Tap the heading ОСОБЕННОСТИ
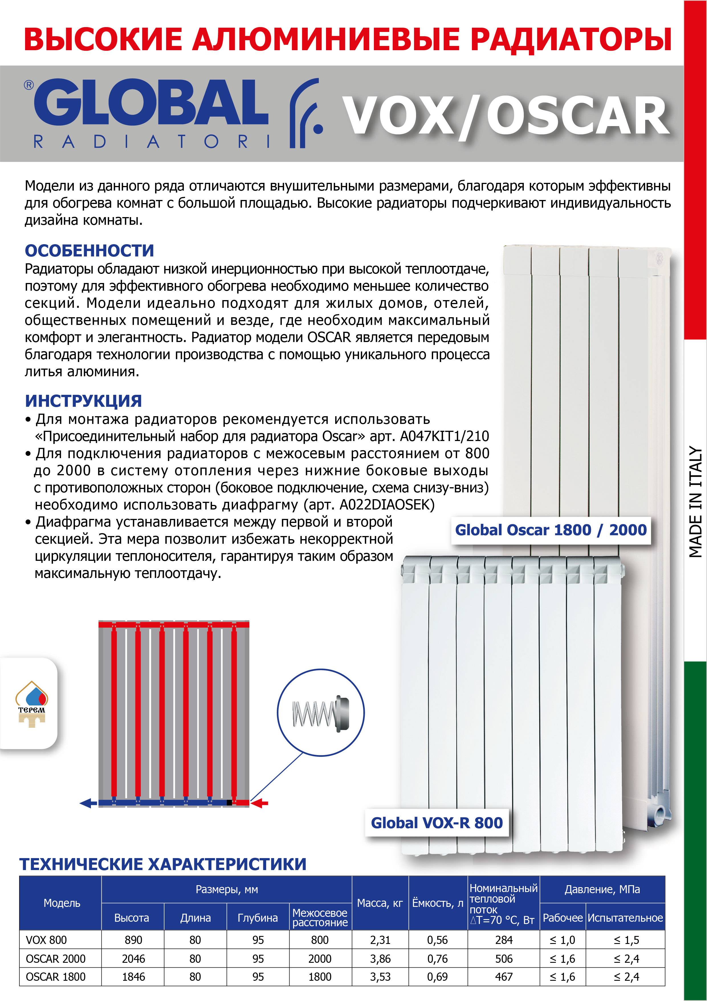pyautogui.click(x=89, y=251)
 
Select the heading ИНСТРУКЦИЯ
pyautogui.click(x=83, y=401)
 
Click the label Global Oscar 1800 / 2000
pyautogui.click(x=551, y=530)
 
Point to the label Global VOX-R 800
pyautogui.click(x=437, y=823)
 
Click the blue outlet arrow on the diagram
pyautogui.click(x=88, y=803)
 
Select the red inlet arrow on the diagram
pyautogui.click(x=260, y=803)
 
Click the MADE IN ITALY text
pyautogui.click(x=696, y=502)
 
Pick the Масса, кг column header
pyautogui.click(x=380, y=903)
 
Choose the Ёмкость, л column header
pyautogui.click(x=438, y=903)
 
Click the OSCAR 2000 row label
pyautogui.click(x=56, y=959)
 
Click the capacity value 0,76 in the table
pyautogui.click(x=437, y=959)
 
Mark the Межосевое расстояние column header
pyautogui.click(x=320, y=918)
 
